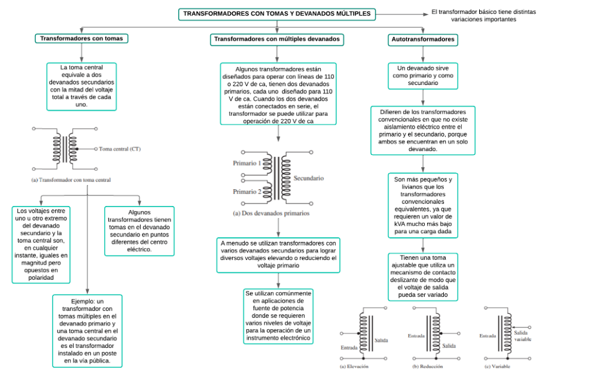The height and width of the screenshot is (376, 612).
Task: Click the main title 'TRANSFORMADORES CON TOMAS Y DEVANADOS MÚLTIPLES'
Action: pyautogui.click(x=276, y=14)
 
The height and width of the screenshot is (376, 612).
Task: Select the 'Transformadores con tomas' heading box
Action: pyautogui.click(x=81, y=38)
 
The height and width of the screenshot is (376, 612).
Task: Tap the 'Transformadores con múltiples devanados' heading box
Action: pyautogui.click(x=277, y=40)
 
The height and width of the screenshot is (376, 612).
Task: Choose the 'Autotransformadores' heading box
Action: pyautogui.click(x=422, y=40)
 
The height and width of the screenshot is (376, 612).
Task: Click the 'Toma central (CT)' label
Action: pyautogui.click(x=120, y=149)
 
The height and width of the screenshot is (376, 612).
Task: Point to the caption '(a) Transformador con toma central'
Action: pyautogui.click(x=71, y=180)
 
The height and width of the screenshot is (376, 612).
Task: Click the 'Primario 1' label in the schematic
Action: pyautogui.click(x=246, y=163)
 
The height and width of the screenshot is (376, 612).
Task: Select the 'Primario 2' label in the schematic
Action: pyautogui.click(x=246, y=192)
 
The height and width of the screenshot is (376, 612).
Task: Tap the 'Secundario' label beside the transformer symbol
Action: pyautogui.click(x=309, y=178)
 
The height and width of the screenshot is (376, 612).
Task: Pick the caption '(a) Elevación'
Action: pyautogui.click(x=354, y=366)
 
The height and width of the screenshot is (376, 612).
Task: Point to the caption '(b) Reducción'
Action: pyautogui.click(x=427, y=366)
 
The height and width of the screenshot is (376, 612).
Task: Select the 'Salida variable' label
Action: pyautogui.click(x=522, y=335)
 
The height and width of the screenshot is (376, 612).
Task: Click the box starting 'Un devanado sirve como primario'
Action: pyautogui.click(x=423, y=76)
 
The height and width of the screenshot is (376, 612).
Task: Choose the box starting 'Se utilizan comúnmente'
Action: pyautogui.click(x=278, y=317)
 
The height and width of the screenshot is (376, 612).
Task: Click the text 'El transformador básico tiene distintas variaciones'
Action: pyautogui.click(x=483, y=16)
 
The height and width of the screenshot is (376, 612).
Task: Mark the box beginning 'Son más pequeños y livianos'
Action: pyautogui.click(x=423, y=205)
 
